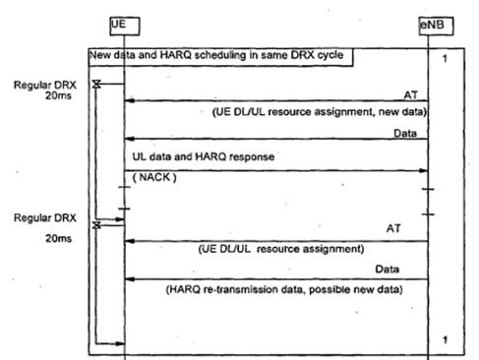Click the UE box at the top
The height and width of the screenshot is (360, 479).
click(125, 27)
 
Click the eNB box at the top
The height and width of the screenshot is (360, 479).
click(436, 26)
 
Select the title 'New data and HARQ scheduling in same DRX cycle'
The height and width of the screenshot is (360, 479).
click(216, 55)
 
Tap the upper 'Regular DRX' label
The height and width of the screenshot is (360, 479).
click(45, 86)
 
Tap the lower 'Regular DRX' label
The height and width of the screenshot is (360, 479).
click(45, 218)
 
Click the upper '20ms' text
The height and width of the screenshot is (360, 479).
click(58, 95)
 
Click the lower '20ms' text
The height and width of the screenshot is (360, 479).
click(58, 238)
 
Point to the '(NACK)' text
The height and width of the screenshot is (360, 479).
click(154, 177)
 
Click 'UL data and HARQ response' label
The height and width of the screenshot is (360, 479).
click(204, 156)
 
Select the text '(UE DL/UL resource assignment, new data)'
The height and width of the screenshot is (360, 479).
click(320, 112)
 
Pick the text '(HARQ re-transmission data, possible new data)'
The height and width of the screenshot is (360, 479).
click(284, 290)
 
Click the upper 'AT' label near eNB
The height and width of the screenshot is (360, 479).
click(411, 95)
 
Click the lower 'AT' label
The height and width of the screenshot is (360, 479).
click(393, 228)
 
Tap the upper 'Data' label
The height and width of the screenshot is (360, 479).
click(405, 134)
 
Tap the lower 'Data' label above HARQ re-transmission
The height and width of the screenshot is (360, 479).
click(387, 270)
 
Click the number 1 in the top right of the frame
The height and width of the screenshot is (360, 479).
click(445, 59)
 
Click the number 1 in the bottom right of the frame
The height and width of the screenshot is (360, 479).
click(445, 340)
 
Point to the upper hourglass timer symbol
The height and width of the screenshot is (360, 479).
click(96, 85)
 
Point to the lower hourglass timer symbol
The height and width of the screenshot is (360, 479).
click(96, 225)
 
